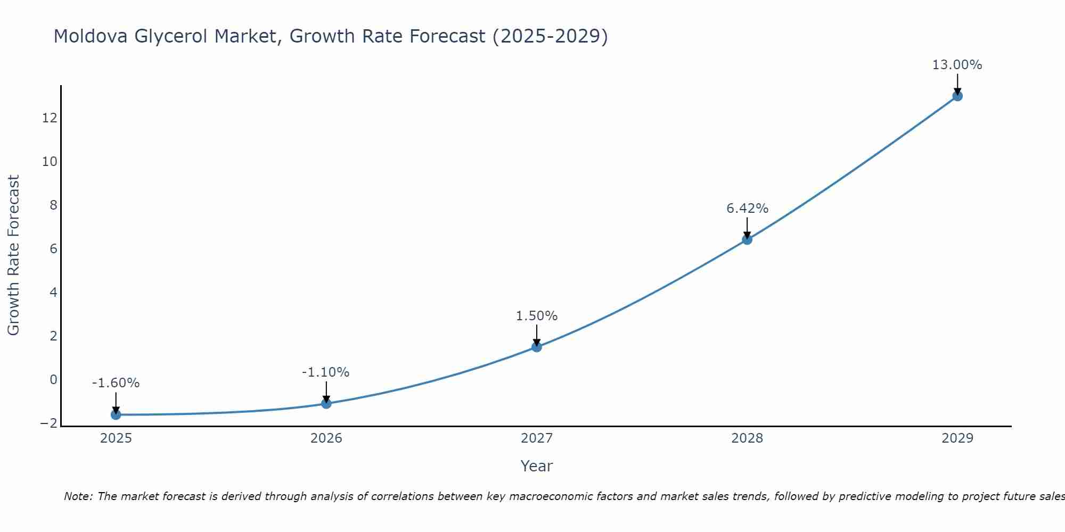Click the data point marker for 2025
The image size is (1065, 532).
click(116, 414)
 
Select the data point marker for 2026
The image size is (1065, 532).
click(326, 403)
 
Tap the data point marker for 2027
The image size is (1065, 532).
click(537, 347)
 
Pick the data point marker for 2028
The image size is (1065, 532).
click(747, 239)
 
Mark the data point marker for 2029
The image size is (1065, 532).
click(957, 96)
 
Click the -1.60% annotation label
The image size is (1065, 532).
click(116, 383)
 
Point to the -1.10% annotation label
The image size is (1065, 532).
click(325, 372)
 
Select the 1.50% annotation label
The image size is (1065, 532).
click(536, 316)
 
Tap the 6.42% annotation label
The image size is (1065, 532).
click(747, 209)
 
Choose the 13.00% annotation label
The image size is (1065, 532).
click(957, 65)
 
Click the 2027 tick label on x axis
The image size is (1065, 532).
click(537, 438)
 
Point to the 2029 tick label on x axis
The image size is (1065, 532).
click(957, 438)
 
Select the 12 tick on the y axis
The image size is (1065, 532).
click(50, 118)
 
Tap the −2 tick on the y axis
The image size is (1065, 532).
click(48, 423)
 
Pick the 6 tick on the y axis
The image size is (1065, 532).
click(53, 249)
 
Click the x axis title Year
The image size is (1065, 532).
click(537, 466)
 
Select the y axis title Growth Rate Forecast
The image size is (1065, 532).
click(13, 255)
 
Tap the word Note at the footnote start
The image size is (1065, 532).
click(78, 496)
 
